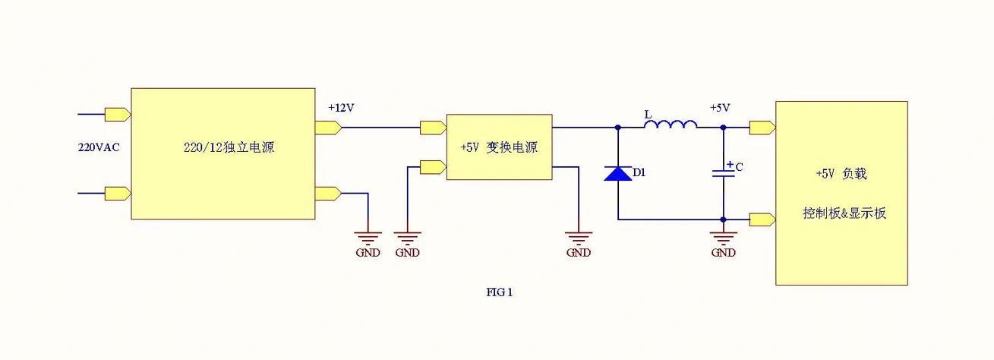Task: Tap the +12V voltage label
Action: click(x=341, y=108)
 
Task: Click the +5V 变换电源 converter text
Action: click(x=499, y=147)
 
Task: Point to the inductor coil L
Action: click(x=671, y=125)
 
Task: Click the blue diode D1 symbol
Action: click(x=617, y=174)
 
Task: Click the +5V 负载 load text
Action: click(x=841, y=174)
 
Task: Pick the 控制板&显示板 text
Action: click(x=844, y=213)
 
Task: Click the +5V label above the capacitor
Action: click(x=720, y=108)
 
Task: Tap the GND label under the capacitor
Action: click(x=723, y=253)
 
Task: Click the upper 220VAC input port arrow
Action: click(x=117, y=115)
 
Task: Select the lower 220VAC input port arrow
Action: click(x=117, y=193)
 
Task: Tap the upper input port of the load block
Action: click(x=762, y=128)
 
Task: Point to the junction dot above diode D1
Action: click(x=617, y=128)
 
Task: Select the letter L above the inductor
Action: click(x=648, y=114)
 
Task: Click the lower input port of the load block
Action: click(x=762, y=220)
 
